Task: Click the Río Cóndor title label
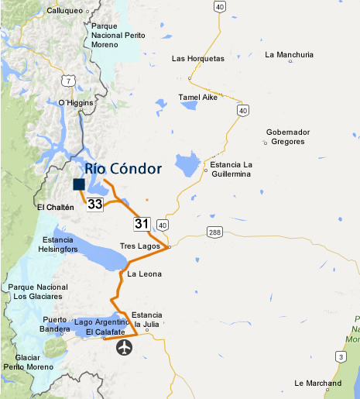[x=123, y=168]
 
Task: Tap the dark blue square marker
[x=78, y=184]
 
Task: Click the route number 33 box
[x=94, y=205]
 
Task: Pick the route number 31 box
[x=141, y=224]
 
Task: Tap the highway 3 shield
[x=338, y=356]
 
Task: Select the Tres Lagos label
[x=140, y=246]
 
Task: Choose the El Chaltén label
[x=55, y=208]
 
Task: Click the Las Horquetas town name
[x=197, y=59]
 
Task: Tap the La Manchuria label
[x=289, y=55]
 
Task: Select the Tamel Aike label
[x=198, y=97]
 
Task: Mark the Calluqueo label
[x=65, y=11]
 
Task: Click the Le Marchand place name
[x=318, y=383]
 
